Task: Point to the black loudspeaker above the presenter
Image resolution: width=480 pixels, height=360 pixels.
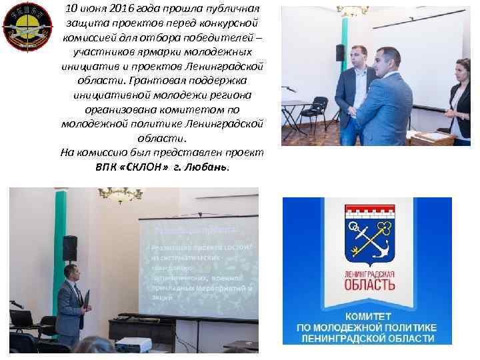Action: coord(70,249)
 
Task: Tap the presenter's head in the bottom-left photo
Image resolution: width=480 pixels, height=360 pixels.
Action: coord(69,271)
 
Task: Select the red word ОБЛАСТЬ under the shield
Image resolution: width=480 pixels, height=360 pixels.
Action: coord(367,285)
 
